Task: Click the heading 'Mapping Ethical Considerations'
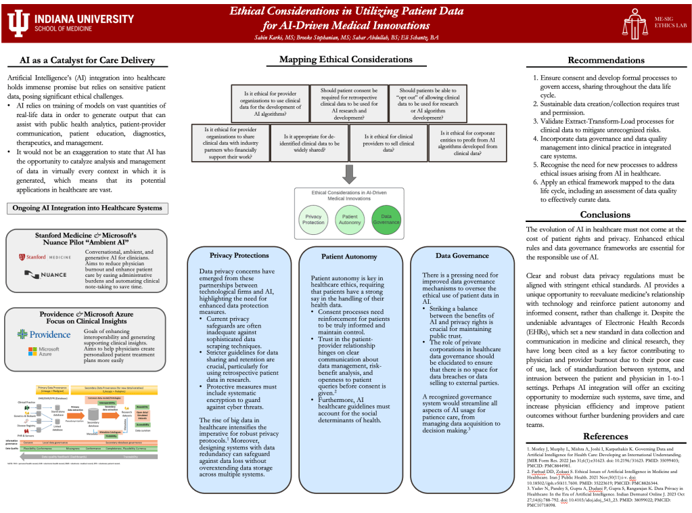pos(346,60)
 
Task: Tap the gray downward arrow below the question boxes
pos(349,175)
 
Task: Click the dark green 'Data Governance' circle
pos(386,218)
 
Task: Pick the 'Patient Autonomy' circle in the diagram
pos(348,218)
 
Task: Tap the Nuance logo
pos(45,274)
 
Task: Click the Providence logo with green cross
pos(44,334)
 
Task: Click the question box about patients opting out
pos(428,103)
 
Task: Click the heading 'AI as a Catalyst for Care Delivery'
pos(87,61)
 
